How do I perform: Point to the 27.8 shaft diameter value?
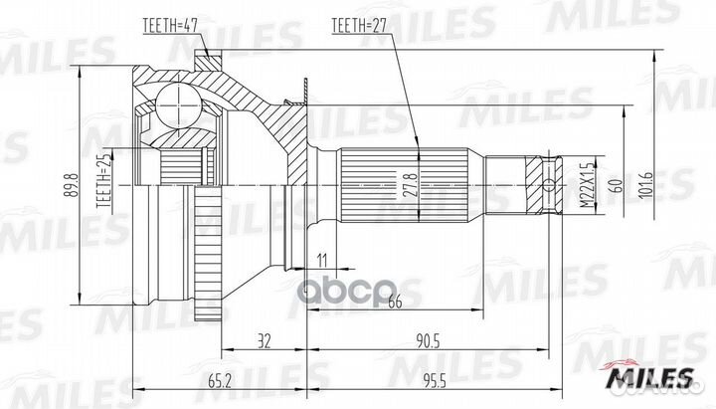(409, 185)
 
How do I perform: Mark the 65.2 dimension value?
(221, 378)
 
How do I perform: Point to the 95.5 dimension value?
(432, 378)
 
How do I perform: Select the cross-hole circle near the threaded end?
(549, 183)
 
